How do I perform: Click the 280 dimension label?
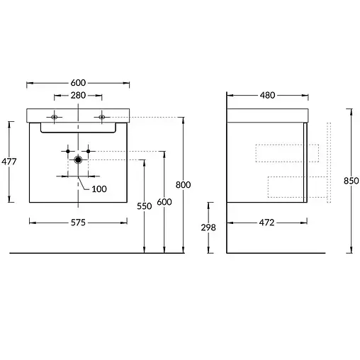pyautogui.click(x=78, y=96)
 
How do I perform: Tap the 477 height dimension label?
pyautogui.click(x=9, y=162)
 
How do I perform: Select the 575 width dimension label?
pyautogui.click(x=78, y=223)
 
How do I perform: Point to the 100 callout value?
pyautogui.click(x=99, y=189)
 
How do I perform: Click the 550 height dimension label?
pyautogui.click(x=145, y=206)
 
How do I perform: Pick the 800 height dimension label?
pyautogui.click(x=183, y=185)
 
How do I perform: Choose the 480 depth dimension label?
pyautogui.click(x=267, y=96)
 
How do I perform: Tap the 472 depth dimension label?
pyautogui.click(x=266, y=223)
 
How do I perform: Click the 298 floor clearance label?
pyautogui.click(x=208, y=227)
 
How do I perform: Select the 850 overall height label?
pyautogui.click(x=351, y=181)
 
